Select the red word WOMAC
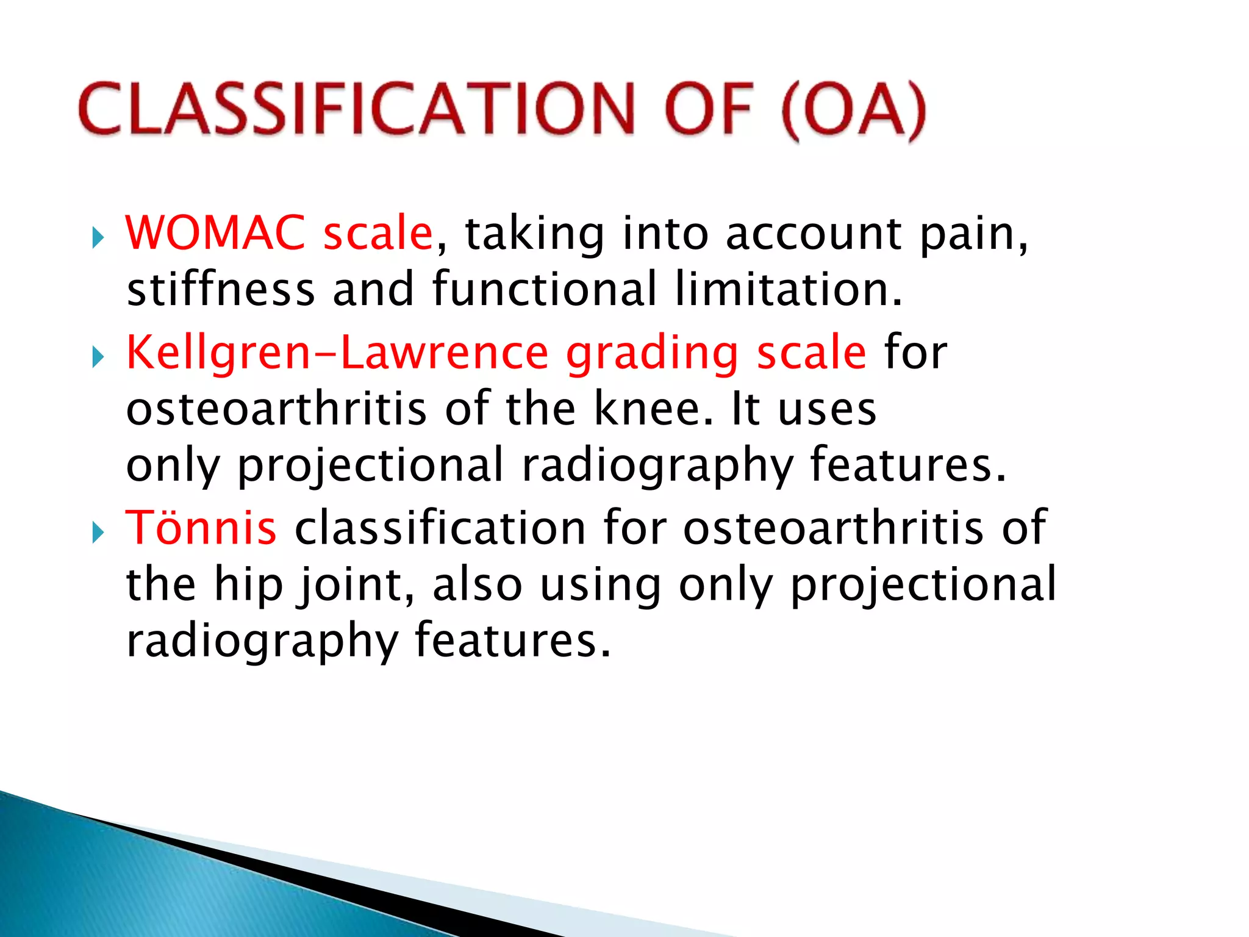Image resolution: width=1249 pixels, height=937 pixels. (215, 233)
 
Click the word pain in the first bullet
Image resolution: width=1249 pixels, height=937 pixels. (973, 234)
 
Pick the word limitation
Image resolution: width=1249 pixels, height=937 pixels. (788, 289)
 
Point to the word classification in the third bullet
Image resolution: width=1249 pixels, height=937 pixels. (440, 528)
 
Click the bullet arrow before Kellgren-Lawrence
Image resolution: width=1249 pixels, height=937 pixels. (98, 357)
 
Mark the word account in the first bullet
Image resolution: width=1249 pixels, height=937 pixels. (814, 234)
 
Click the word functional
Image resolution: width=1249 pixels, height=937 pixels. (545, 289)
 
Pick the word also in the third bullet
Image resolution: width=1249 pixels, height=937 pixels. (478, 584)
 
